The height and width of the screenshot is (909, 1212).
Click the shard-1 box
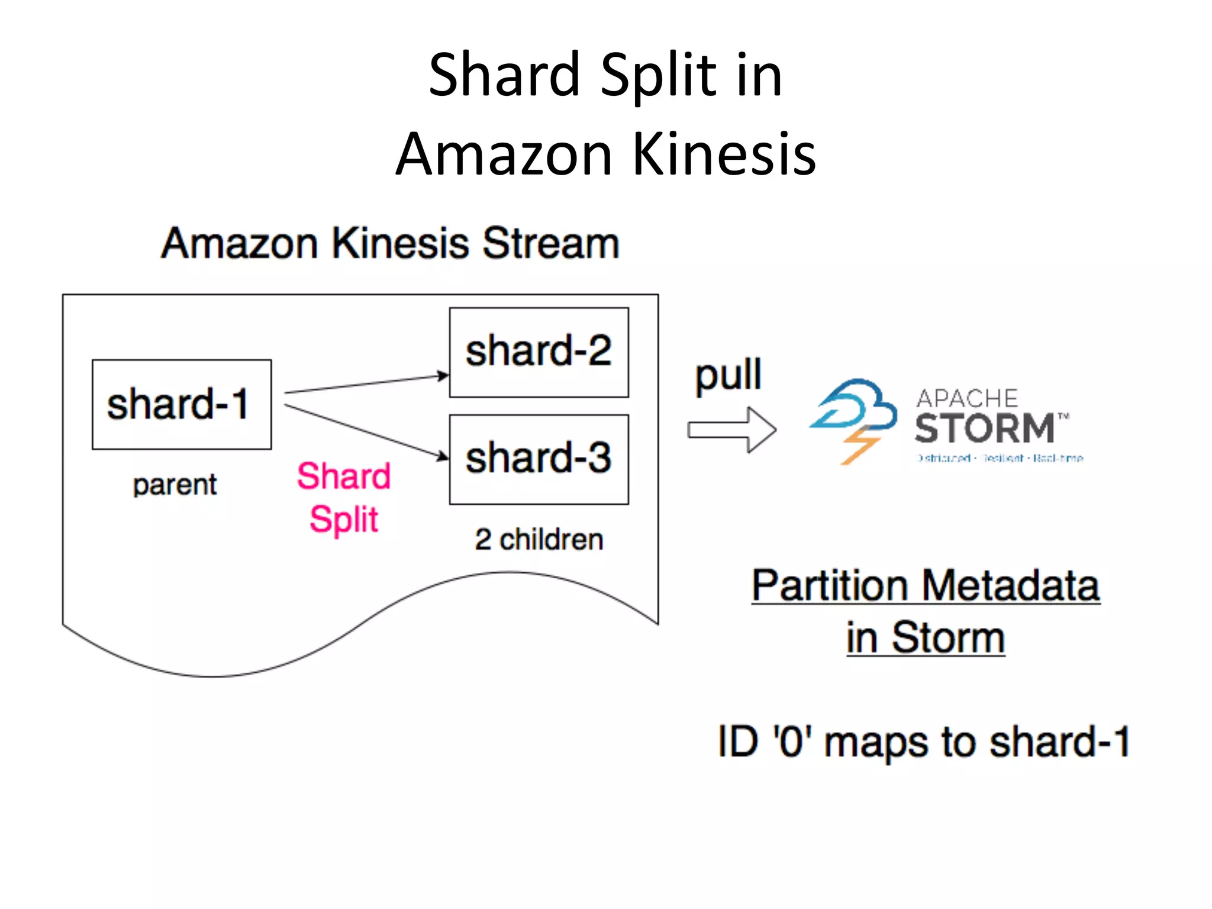coord(182,404)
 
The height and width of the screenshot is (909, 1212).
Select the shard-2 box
coord(539,352)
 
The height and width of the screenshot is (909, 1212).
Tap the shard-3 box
coord(539,459)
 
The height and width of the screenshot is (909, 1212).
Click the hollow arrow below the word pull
coord(732,430)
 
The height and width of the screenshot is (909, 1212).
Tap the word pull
coord(728,376)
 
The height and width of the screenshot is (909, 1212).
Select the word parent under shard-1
coord(175,485)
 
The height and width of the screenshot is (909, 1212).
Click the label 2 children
coord(539,539)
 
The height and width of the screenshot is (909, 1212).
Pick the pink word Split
coord(344,520)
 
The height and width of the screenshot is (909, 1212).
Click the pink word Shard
coord(344,476)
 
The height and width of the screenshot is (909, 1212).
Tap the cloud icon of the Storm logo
coord(858,405)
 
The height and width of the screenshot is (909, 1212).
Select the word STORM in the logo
coord(985,428)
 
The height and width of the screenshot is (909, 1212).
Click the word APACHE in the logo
coord(967,398)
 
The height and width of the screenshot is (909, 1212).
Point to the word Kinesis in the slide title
coord(724,154)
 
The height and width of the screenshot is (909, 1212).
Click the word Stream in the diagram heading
coord(550,243)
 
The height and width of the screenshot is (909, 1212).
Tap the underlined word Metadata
coord(1010,585)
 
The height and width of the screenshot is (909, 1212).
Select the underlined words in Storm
coord(926,637)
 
